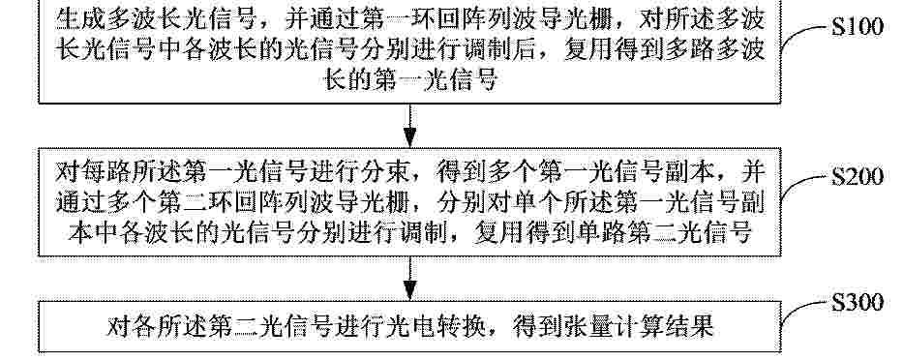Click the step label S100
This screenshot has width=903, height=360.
point(857,27)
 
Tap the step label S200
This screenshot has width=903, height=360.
point(857,176)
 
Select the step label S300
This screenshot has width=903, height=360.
point(857,302)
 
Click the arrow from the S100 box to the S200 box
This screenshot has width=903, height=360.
point(409,126)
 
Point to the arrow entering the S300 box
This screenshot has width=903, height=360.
point(409,278)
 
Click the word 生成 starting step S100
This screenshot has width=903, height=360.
point(80,19)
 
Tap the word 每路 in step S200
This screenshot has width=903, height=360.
point(105,171)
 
